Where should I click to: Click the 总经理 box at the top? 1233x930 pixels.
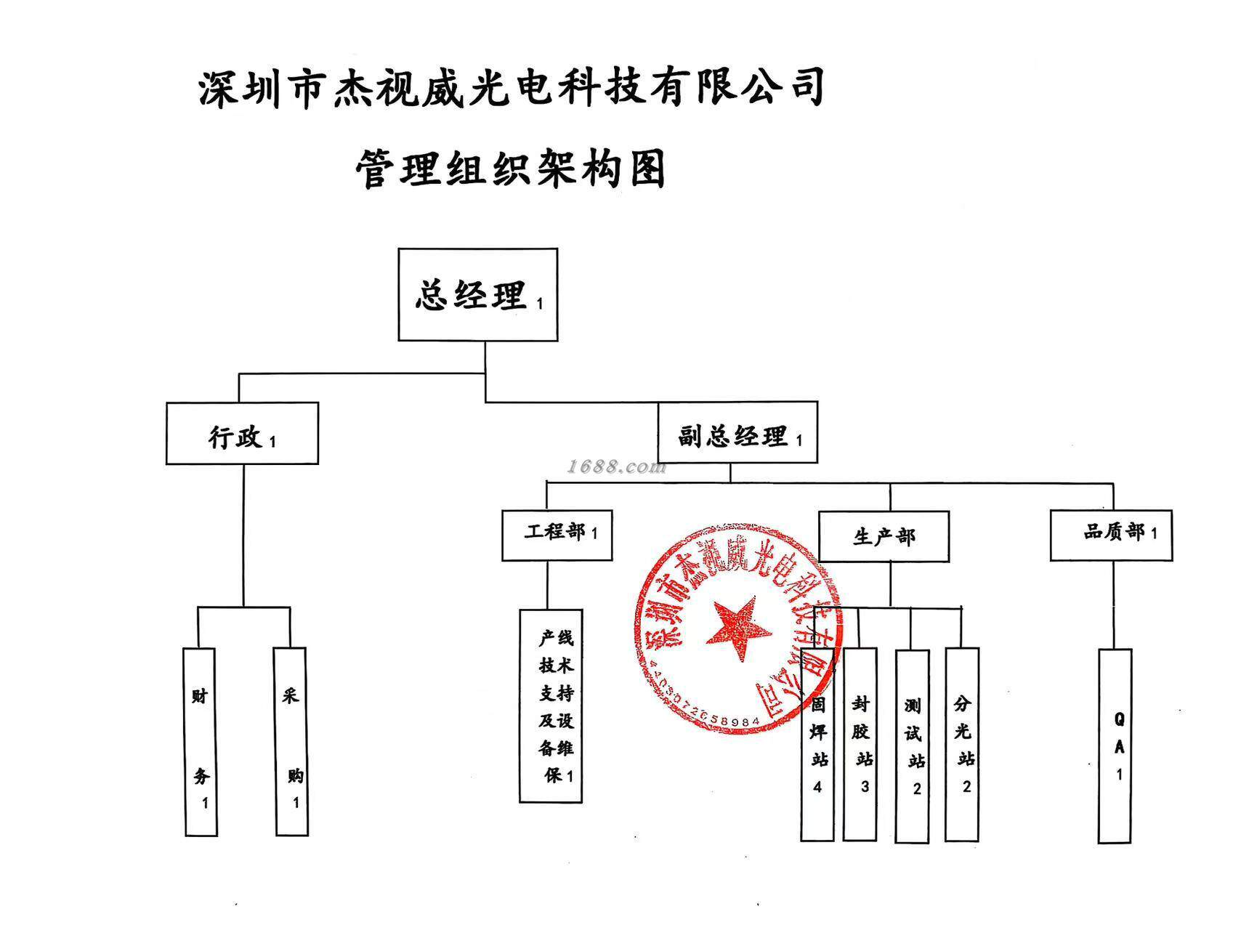pos(477,294)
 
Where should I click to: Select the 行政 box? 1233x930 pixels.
pos(242,434)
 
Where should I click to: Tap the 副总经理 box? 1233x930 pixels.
pos(737,433)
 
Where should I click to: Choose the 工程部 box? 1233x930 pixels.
pos(557,535)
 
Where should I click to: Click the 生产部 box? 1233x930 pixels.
pos(884,536)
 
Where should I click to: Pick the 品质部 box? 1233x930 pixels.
pos(1111,535)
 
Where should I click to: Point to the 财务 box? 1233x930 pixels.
pos(201,741)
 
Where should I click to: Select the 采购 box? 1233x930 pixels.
pos(291,741)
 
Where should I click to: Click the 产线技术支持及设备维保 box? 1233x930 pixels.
pos(551,705)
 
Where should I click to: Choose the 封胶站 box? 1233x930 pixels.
pos(860,744)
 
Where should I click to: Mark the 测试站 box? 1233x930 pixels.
pos(912,745)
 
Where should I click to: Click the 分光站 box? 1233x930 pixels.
pos(962,744)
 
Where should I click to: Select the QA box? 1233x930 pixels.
pos(1115,745)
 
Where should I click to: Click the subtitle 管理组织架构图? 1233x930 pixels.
pos(511,169)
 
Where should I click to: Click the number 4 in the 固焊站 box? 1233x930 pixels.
pos(817,787)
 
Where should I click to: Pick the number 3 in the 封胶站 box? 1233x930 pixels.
pos(864,786)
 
